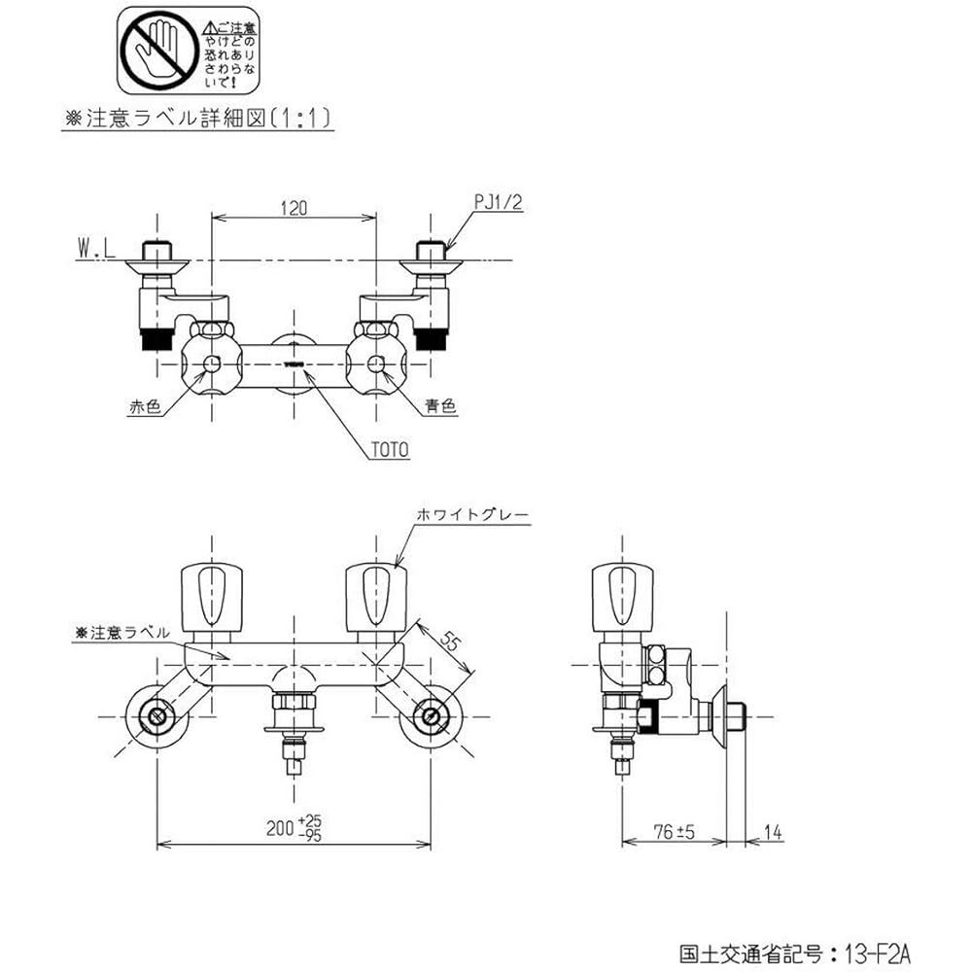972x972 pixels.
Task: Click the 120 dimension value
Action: pyautogui.click(x=295, y=207)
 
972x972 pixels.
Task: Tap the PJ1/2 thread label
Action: pyautogui.click(x=499, y=203)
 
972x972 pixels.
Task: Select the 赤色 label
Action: pyautogui.click(x=144, y=408)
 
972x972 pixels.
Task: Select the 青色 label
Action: pyautogui.click(x=439, y=408)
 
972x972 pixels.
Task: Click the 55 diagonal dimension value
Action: pyautogui.click(x=450, y=642)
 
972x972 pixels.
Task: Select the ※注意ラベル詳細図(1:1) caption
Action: pyautogui.click(x=198, y=119)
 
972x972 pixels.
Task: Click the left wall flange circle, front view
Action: pyautogui.click(x=156, y=718)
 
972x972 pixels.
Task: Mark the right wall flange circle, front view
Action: pyautogui.click(x=430, y=718)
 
